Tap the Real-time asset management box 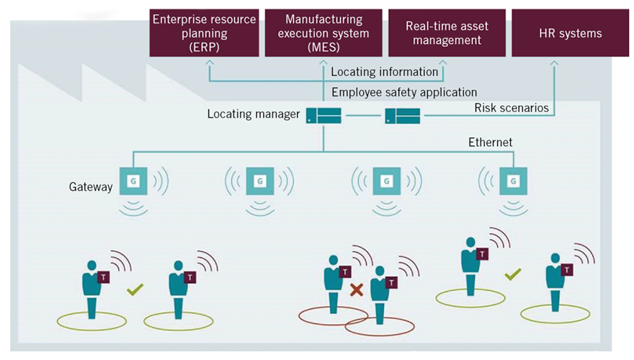point(446,33)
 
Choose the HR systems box point(570,33)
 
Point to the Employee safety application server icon point(401,115)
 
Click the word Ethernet point(491,143)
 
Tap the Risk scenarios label point(512,108)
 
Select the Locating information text point(384,72)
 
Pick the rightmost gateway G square point(512,181)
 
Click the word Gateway point(91,186)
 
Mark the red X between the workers point(356,290)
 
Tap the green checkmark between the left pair point(134,290)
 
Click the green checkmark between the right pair point(513,274)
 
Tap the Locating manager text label point(253,114)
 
